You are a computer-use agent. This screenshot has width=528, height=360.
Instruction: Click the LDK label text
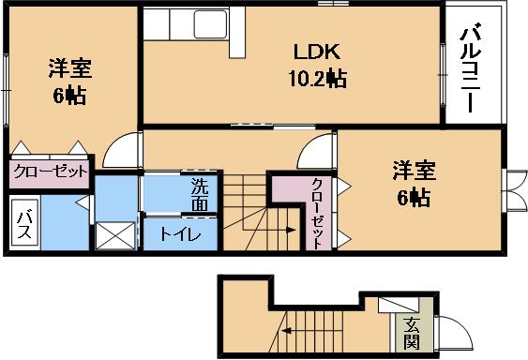[x=317, y=52]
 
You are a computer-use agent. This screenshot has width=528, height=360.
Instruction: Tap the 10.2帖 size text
[x=318, y=79]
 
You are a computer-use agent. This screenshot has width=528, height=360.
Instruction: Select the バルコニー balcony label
[x=471, y=67]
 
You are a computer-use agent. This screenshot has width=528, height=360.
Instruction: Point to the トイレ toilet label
[x=180, y=234]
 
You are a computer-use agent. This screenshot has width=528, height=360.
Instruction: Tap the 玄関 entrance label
[x=412, y=333]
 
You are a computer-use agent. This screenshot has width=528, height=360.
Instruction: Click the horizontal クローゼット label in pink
[x=50, y=172]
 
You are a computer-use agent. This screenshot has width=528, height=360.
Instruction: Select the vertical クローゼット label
[x=317, y=214]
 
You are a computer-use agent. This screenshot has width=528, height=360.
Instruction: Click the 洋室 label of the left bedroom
[x=70, y=68]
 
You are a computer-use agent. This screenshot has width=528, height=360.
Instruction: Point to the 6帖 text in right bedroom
[x=414, y=198]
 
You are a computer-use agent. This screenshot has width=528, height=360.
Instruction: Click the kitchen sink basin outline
[x=210, y=24]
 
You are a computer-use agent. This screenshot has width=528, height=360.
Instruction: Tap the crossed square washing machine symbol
[x=115, y=235]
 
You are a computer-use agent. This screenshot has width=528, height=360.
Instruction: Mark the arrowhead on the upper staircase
[x=291, y=230]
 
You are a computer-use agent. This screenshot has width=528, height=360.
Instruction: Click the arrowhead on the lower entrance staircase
[x=287, y=331]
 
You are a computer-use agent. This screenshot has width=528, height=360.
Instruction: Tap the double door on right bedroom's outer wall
[x=515, y=190]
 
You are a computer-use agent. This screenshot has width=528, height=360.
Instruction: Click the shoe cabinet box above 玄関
[x=399, y=305]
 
